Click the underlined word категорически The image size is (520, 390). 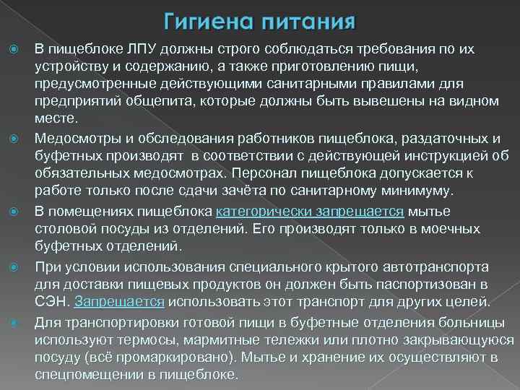[x=261, y=212]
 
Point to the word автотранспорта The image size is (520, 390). [x=440, y=266]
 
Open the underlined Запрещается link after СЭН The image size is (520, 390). [x=111, y=301]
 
